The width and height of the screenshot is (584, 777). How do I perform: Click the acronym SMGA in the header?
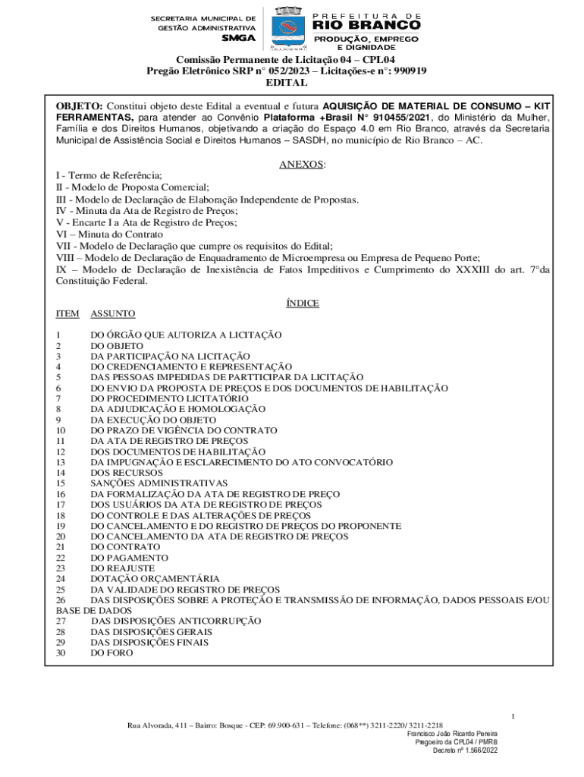click(x=238, y=38)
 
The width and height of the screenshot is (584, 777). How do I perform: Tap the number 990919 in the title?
click(x=408, y=71)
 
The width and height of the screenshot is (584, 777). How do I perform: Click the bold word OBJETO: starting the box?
click(x=80, y=105)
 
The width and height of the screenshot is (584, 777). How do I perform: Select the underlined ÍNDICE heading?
click(x=302, y=303)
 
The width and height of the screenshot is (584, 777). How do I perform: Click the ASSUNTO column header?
click(x=113, y=313)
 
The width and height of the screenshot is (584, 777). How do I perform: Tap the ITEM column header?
click(x=67, y=313)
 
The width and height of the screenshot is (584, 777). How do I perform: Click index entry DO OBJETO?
click(x=117, y=345)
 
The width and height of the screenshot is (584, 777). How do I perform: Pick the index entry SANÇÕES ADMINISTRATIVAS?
click(x=159, y=483)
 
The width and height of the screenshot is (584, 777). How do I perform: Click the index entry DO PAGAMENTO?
click(x=124, y=558)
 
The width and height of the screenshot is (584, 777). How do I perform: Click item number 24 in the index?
click(x=61, y=579)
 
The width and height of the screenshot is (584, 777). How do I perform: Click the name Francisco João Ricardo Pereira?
click(x=452, y=734)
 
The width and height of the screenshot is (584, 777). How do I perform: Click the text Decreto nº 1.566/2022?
click(x=465, y=750)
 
